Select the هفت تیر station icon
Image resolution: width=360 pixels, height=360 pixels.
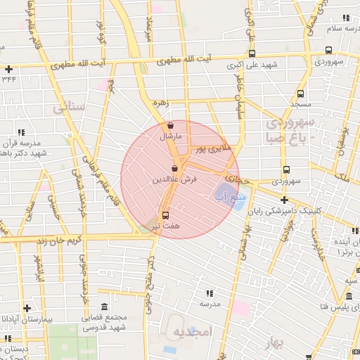pyautogui.click(x=166, y=215)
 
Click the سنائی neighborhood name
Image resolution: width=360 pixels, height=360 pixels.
pyautogui.click(x=68, y=108)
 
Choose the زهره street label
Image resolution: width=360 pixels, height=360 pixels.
pyautogui.click(x=160, y=102)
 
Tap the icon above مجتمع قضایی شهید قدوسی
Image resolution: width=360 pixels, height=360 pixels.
pyautogui.click(x=104, y=307)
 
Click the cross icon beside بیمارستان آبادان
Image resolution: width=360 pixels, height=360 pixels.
pyautogui.click(x=27, y=308)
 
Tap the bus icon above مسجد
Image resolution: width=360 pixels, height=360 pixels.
pyautogui.click(x=301, y=93)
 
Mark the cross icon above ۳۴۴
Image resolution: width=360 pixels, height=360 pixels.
pyautogui.click(x=8, y=69)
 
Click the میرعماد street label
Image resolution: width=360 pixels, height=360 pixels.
pyautogui.click(x=148, y=27)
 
